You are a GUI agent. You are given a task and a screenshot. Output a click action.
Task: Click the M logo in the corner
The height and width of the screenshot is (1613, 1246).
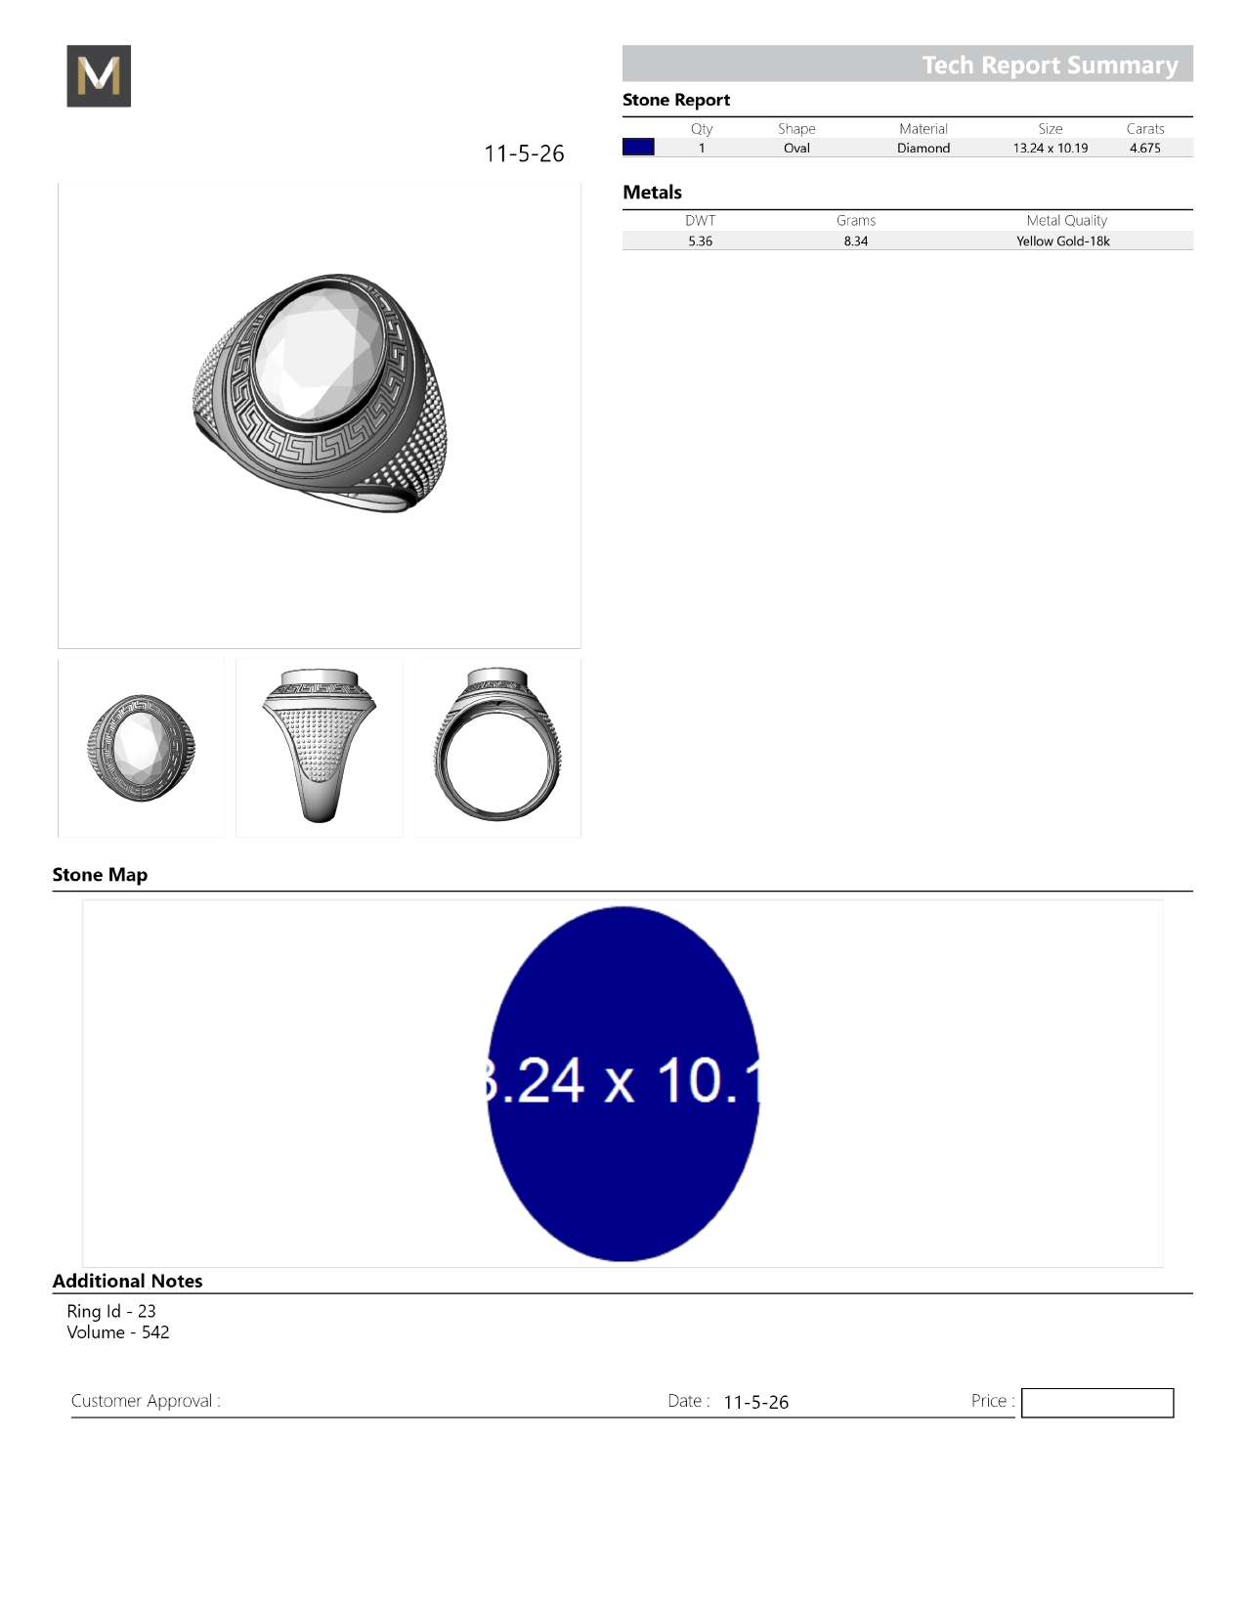coord(99,75)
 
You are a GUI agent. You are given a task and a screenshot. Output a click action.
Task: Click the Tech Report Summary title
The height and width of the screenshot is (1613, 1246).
coord(1050,65)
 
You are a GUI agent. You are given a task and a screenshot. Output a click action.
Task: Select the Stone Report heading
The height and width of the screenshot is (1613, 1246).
coord(676,101)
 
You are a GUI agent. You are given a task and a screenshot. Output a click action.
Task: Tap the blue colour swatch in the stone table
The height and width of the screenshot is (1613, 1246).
coord(638,147)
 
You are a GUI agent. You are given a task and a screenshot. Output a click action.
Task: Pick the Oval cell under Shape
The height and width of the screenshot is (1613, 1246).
coord(796,148)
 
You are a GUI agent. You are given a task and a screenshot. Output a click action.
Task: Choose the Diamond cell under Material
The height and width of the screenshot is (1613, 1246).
coord(924,148)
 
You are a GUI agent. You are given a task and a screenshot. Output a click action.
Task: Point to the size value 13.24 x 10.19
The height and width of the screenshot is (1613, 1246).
coord(1051,148)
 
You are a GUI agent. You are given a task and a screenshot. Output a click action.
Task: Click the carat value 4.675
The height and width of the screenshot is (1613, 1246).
coord(1144,148)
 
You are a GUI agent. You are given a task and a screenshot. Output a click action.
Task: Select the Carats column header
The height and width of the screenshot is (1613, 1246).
coord(1144,128)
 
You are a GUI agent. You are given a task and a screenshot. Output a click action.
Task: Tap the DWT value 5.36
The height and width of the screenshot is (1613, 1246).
coord(700,241)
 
